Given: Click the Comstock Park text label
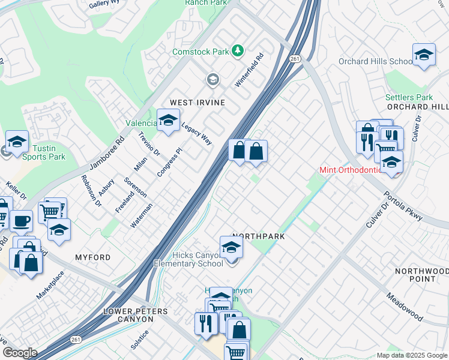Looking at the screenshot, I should click(200, 52).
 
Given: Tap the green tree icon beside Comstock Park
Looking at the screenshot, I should click(238, 51).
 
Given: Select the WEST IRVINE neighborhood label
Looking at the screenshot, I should click(197, 103).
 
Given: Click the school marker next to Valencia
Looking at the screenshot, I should click(168, 120).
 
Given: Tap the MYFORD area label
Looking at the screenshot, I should click(92, 257).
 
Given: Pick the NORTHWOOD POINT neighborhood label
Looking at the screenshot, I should click(423, 275).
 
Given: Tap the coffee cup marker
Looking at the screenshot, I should click(22, 221).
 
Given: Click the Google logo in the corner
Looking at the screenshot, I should click(19, 353).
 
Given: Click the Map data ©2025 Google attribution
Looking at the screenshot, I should click(411, 355).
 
